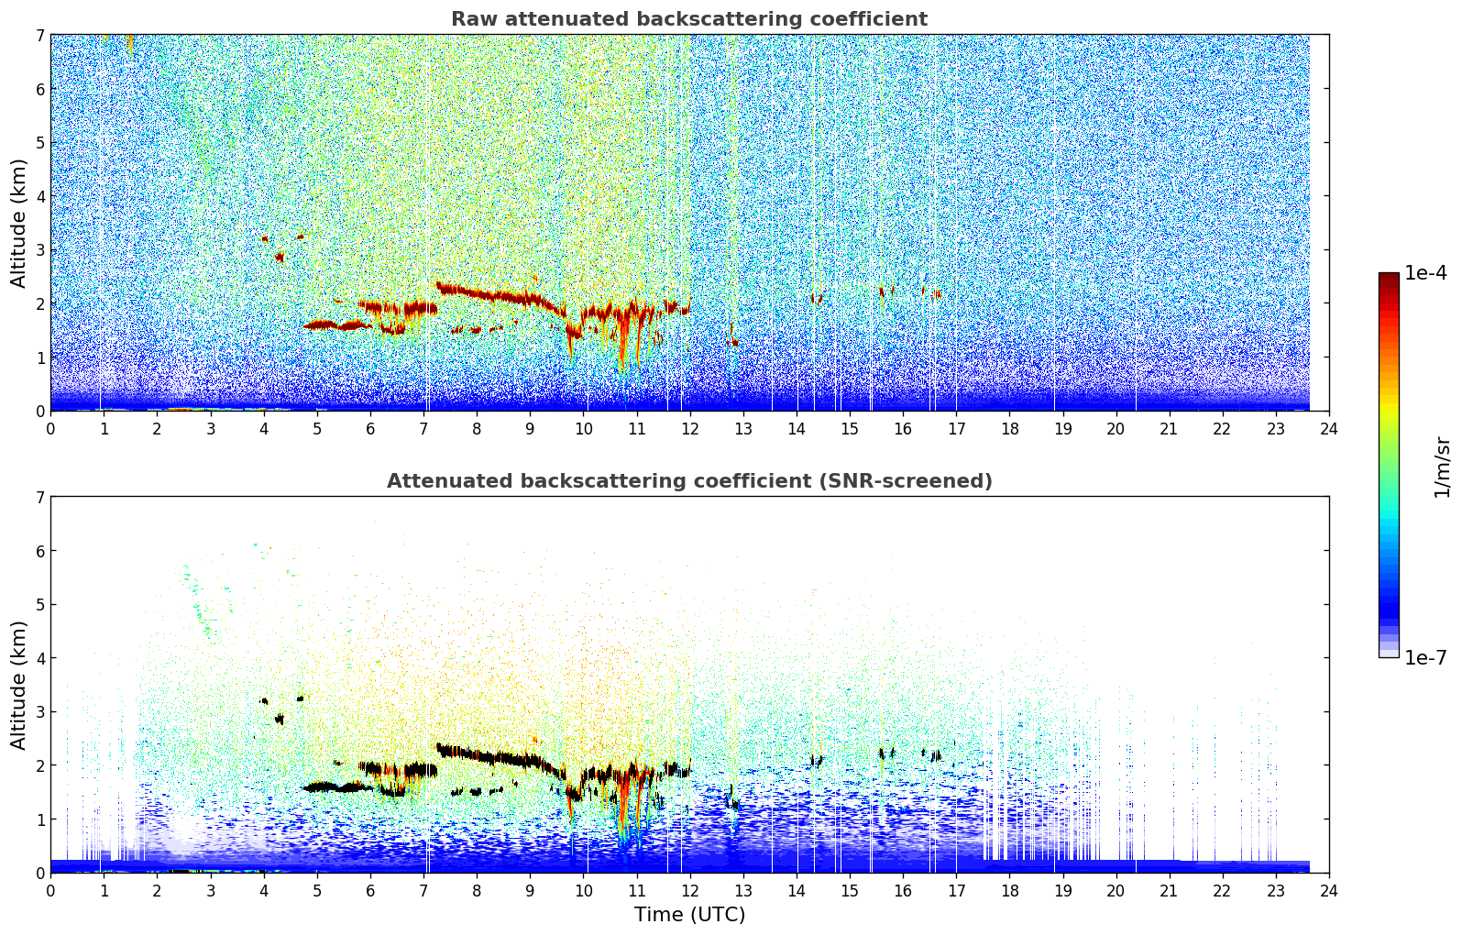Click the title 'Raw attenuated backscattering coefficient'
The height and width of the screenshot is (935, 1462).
pyautogui.click(x=689, y=19)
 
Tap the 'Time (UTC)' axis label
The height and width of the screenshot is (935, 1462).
pyautogui.click(x=689, y=914)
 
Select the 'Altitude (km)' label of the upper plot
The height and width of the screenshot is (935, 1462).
pyautogui.click(x=18, y=223)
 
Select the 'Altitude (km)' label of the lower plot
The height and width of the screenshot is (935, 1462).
pyautogui.click(x=18, y=685)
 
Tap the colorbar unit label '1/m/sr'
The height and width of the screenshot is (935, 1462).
pyautogui.click(x=1442, y=467)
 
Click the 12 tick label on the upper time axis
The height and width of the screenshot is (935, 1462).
pyautogui.click(x=690, y=429)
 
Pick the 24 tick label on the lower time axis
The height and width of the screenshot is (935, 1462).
pyautogui.click(x=1329, y=891)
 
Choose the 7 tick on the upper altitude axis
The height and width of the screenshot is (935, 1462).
pyautogui.click(x=40, y=35)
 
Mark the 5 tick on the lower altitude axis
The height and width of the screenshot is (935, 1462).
pyautogui.click(x=40, y=605)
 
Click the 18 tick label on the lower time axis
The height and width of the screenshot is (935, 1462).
pyautogui.click(x=1010, y=891)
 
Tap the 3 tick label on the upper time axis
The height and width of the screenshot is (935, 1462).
pyautogui.click(x=210, y=429)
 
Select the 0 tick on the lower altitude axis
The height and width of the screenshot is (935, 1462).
pyautogui.click(x=40, y=873)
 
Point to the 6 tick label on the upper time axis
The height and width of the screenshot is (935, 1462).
pyautogui.click(x=370, y=429)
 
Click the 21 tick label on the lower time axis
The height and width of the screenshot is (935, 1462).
pyautogui.click(x=1169, y=891)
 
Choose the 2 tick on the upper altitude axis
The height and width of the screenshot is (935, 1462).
pyautogui.click(x=40, y=303)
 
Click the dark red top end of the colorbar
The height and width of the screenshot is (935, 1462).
pyautogui.click(x=1389, y=276)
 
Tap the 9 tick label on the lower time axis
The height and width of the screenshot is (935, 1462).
pyautogui.click(x=530, y=891)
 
